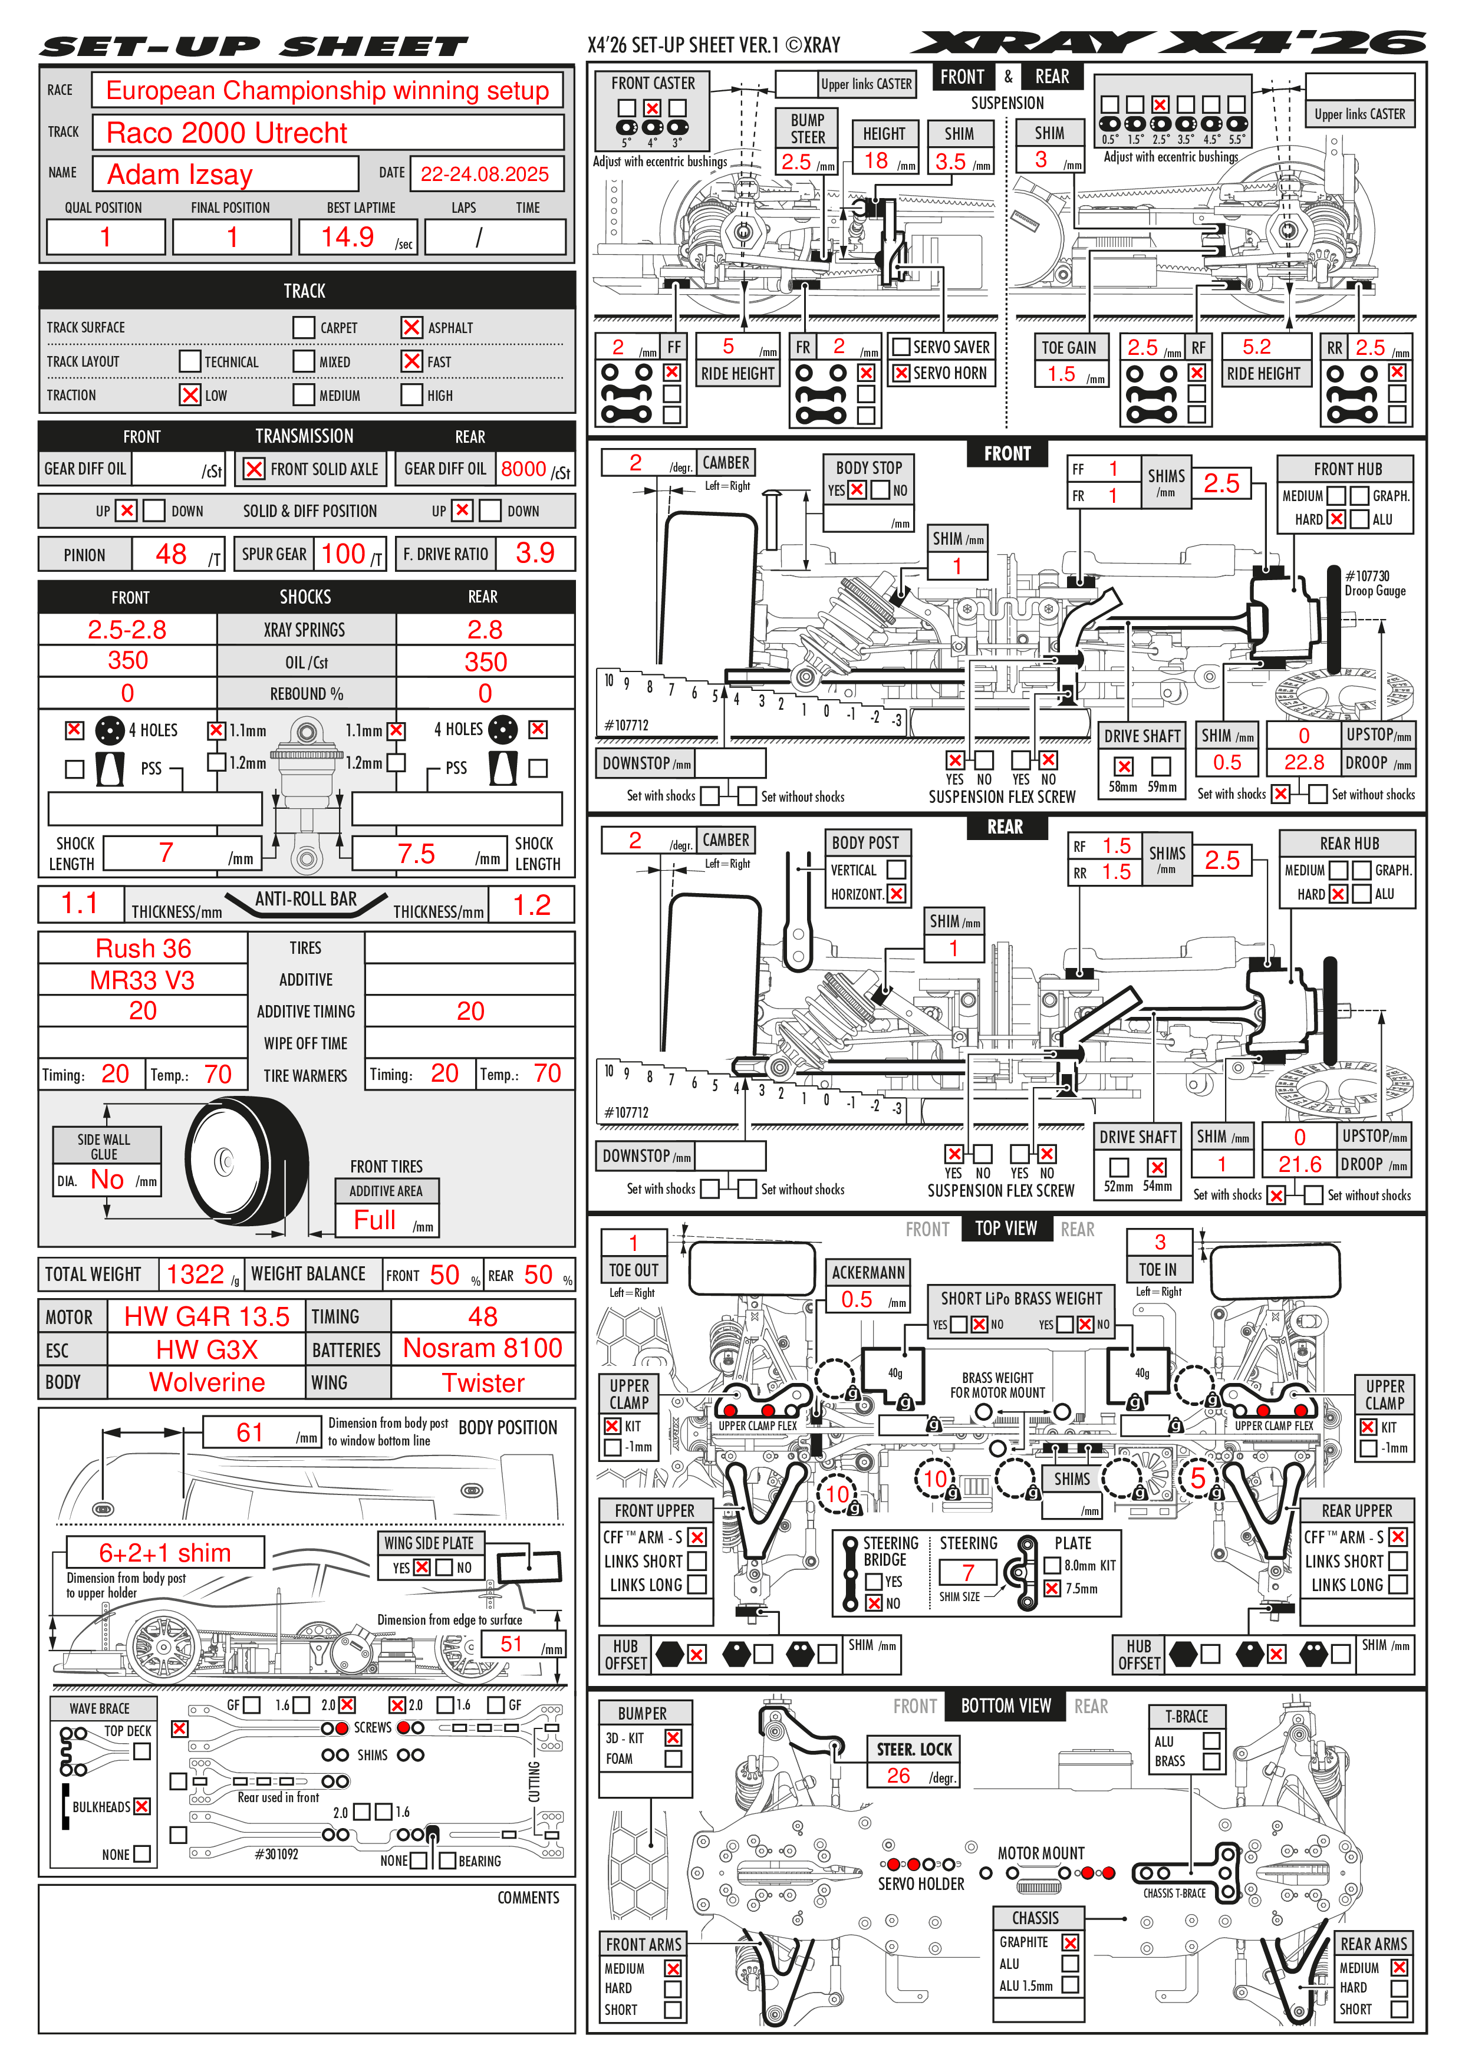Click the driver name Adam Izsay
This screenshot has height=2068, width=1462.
tap(180, 174)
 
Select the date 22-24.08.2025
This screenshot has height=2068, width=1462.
tap(485, 174)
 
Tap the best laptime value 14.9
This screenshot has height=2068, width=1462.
tap(348, 238)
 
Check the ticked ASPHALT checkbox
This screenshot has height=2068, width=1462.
tap(411, 328)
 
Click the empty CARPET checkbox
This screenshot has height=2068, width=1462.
tap(304, 328)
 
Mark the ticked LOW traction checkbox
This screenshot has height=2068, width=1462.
tap(190, 396)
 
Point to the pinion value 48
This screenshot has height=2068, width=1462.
tap(171, 554)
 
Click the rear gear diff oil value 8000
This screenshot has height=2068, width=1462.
tap(523, 469)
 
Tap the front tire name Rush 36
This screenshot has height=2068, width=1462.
tap(143, 949)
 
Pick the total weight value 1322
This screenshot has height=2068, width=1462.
tap(195, 1275)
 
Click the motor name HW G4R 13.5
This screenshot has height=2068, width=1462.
tap(206, 1317)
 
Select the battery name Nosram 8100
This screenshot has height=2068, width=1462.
tap(483, 1348)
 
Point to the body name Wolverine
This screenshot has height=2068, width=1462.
tap(206, 1382)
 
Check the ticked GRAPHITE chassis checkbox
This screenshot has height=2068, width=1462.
tap(1070, 1943)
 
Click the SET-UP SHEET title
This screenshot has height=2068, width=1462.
tap(254, 47)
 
